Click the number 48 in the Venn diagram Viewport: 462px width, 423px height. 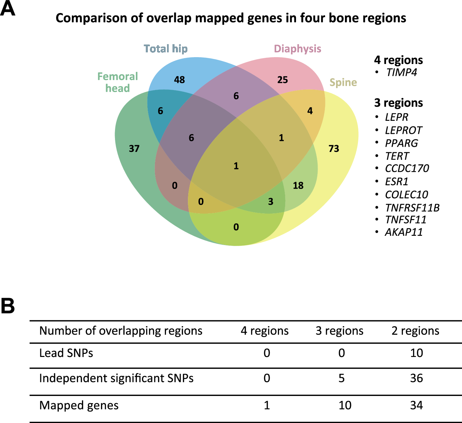click(x=179, y=80)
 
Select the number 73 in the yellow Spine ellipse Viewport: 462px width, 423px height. click(x=334, y=149)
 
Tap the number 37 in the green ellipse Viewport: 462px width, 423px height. click(x=134, y=149)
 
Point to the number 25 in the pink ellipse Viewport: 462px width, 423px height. click(x=282, y=80)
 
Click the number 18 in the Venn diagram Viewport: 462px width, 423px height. click(x=298, y=185)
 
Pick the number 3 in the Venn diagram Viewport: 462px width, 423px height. click(x=271, y=202)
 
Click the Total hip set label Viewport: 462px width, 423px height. click(x=166, y=49)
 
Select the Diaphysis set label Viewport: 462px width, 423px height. click(x=297, y=49)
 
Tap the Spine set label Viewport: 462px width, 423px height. click(x=343, y=82)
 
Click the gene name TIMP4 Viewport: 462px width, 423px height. click(x=401, y=72)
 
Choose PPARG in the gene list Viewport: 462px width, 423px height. click(x=401, y=143)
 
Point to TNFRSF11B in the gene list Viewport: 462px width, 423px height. click(x=412, y=208)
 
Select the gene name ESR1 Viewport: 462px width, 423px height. click(x=396, y=181)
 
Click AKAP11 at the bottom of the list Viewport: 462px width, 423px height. click(x=404, y=232)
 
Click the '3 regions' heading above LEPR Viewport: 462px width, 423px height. click(x=398, y=103)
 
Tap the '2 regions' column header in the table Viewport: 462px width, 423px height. click(x=415, y=331)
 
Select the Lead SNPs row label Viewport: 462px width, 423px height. click(x=66, y=353)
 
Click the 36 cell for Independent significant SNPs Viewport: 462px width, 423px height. click(x=416, y=378)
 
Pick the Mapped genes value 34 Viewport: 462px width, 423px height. click(x=416, y=405)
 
